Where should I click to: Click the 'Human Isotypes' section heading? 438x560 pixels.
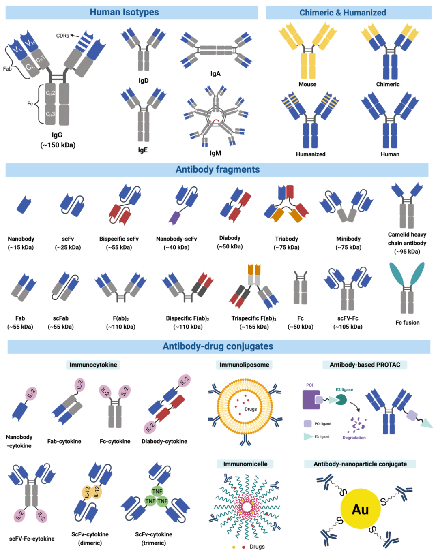[x=124, y=12]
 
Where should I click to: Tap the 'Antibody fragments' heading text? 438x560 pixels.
[x=217, y=169]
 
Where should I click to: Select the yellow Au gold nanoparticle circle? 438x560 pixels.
[x=360, y=509]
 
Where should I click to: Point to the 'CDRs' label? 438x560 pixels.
[x=62, y=36]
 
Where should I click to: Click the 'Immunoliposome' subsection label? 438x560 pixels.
[x=244, y=365]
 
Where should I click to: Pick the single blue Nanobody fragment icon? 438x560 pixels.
[x=24, y=205]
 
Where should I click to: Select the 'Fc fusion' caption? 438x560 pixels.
[x=407, y=323]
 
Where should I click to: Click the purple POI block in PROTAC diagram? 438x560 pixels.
[x=311, y=400]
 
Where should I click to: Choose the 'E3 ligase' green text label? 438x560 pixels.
[x=344, y=390]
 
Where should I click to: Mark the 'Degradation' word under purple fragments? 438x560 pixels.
[x=354, y=438]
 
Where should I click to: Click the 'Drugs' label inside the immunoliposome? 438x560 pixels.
[x=251, y=409]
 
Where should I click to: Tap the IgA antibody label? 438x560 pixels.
[x=215, y=74]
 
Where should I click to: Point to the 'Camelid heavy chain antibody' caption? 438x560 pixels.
[x=407, y=243]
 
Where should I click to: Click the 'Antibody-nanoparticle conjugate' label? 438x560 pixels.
[x=360, y=464]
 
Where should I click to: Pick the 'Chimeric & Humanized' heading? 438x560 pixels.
[x=343, y=13]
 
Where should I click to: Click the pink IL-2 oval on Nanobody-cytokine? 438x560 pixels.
[x=31, y=393]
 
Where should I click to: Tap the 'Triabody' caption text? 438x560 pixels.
[x=286, y=239]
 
